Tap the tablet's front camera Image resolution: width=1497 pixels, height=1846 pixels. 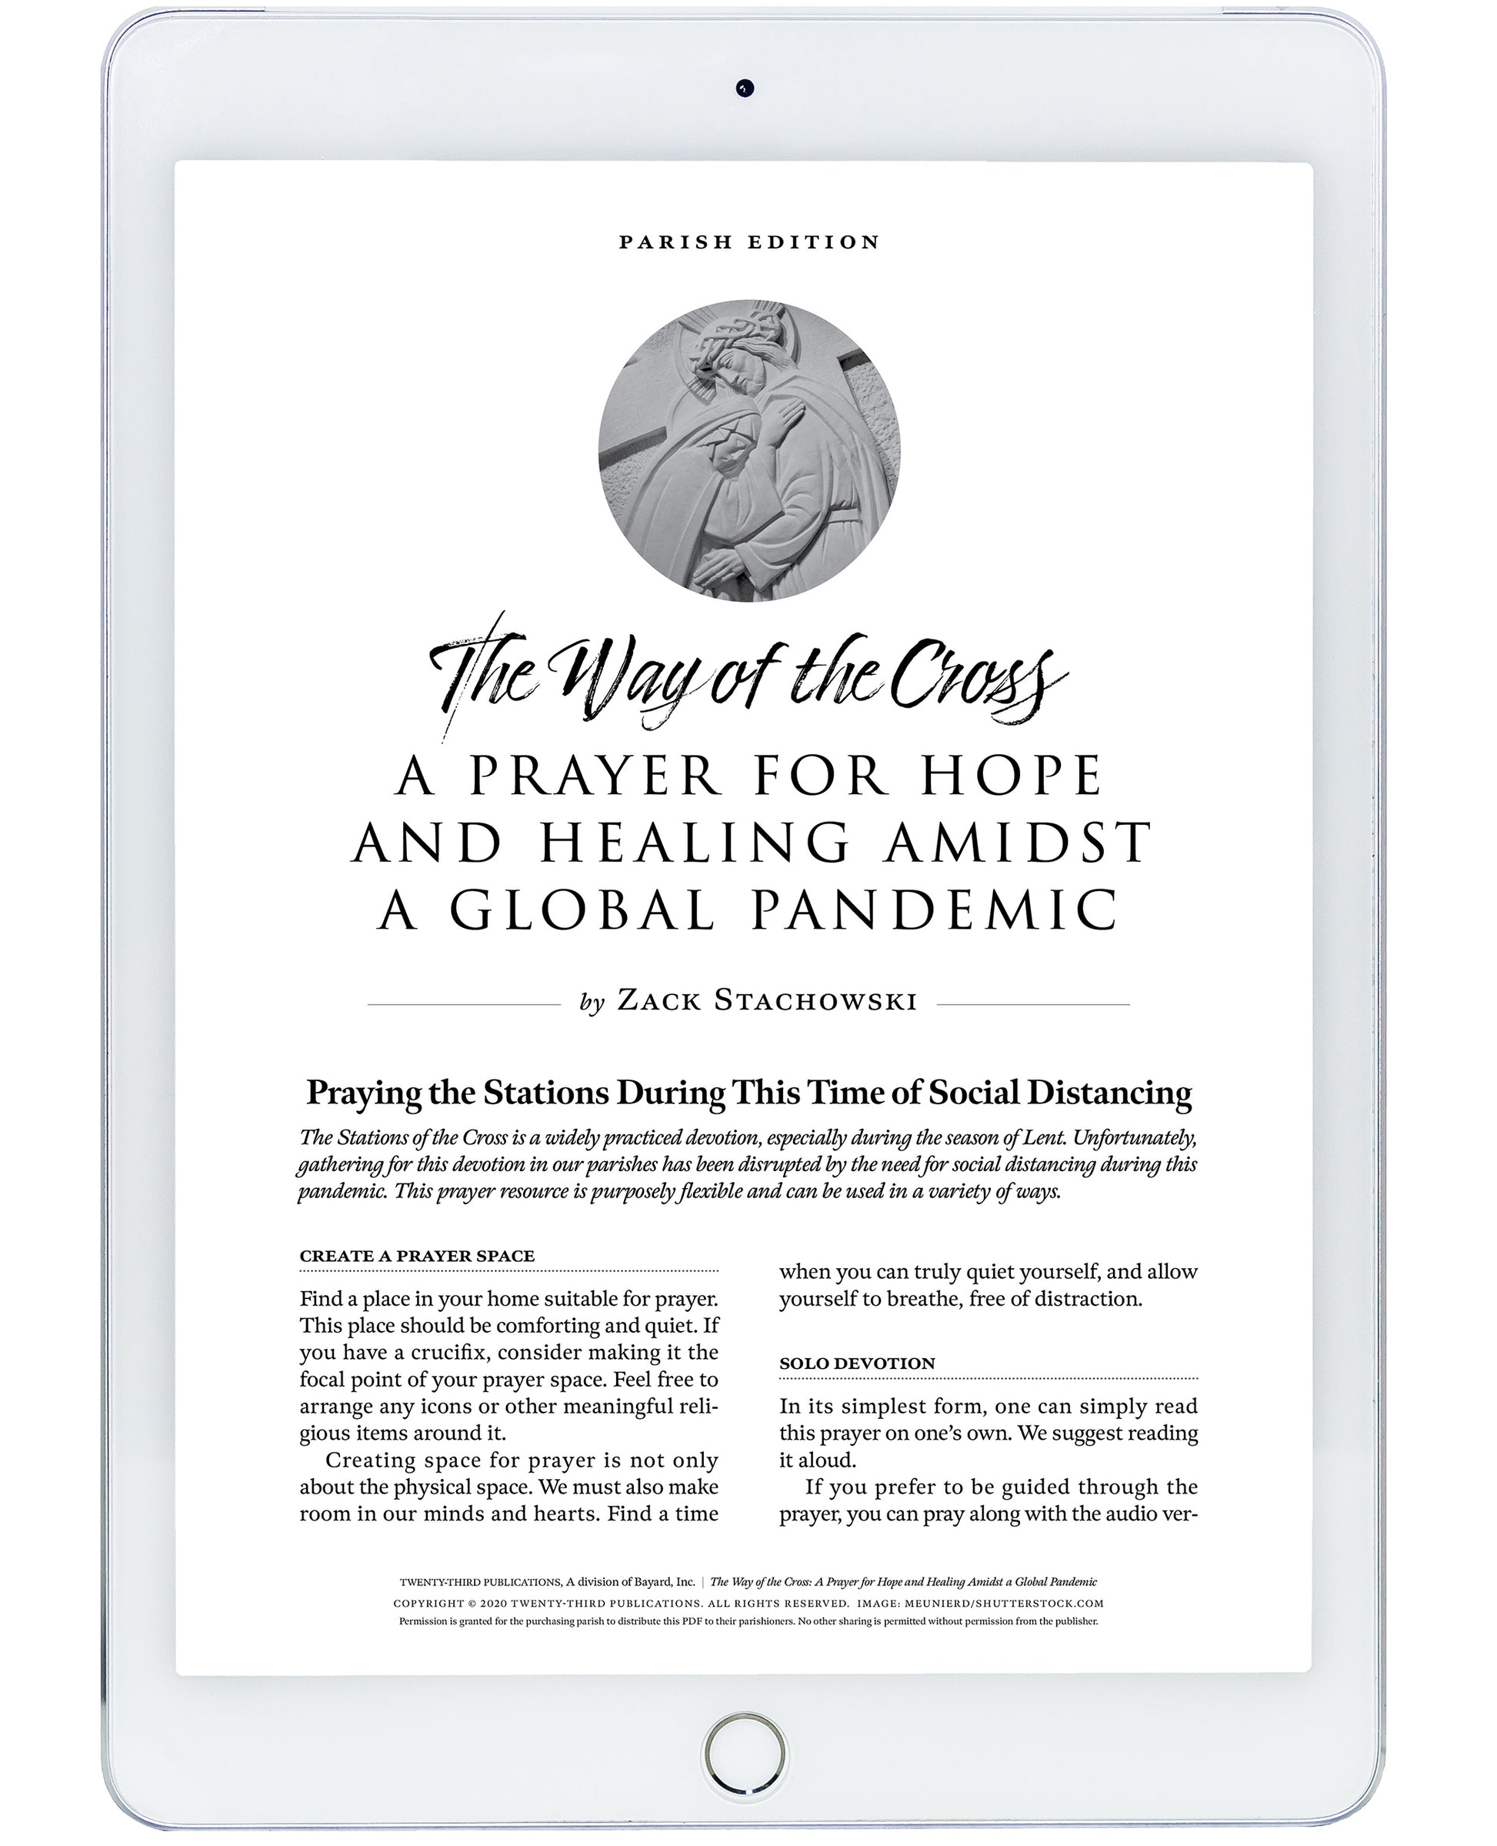[745, 88]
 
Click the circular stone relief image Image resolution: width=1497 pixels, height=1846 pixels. [748, 449]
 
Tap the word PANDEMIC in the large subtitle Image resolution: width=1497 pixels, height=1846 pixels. [935, 911]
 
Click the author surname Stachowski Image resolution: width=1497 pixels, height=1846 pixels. [815, 1000]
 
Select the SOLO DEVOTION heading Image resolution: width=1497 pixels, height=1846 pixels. [856, 1364]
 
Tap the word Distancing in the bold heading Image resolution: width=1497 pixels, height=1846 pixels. [1109, 1092]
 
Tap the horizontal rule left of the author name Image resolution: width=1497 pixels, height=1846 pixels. [463, 1004]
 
